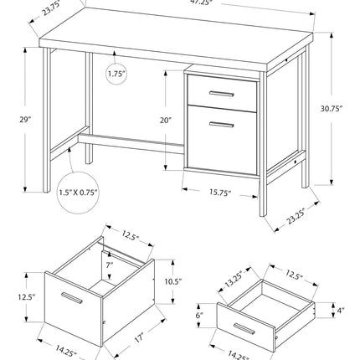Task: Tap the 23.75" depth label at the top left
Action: (x=29, y=9)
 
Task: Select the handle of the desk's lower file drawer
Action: (x=220, y=125)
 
